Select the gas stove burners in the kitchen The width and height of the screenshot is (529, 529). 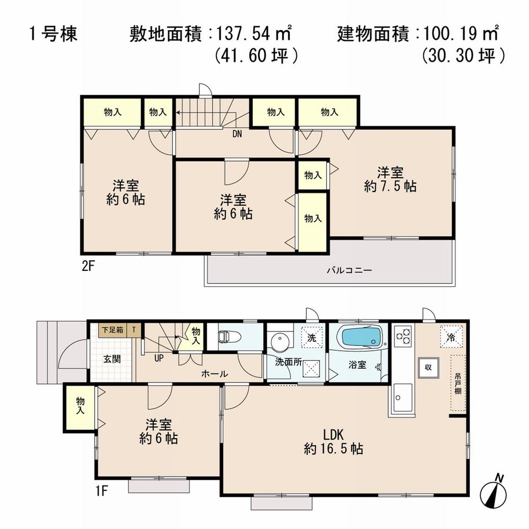[x=403, y=336]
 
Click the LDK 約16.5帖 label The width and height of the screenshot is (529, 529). [x=333, y=442]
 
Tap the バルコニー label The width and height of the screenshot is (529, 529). [x=349, y=270]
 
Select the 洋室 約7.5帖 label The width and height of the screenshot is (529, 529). [x=390, y=179]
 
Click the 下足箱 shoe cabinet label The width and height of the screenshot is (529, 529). [x=113, y=330]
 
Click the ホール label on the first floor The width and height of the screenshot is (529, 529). [x=214, y=374]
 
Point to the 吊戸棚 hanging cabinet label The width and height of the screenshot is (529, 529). [x=457, y=384]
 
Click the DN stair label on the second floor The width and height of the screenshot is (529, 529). [x=237, y=134]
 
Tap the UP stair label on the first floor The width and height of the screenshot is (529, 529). [x=159, y=358]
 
